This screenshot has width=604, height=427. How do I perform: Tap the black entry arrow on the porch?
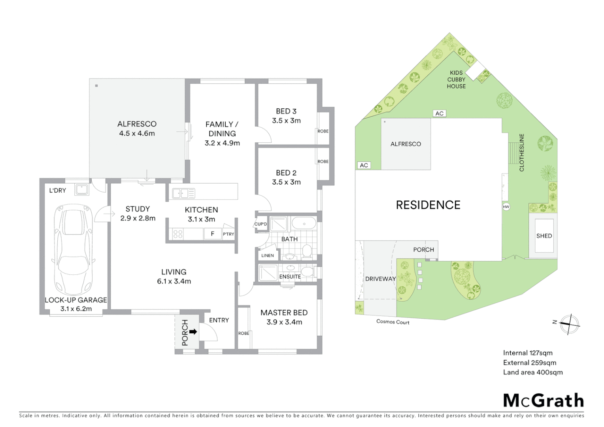pyautogui.click(x=193, y=332)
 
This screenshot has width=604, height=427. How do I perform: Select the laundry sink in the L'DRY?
pyautogui.click(x=82, y=189)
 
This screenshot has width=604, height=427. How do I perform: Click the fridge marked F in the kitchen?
pyautogui.click(x=212, y=234)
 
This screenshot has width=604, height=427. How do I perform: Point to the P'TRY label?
pyautogui.click(x=228, y=234)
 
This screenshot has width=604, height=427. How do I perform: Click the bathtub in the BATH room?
pyautogui.click(x=304, y=224)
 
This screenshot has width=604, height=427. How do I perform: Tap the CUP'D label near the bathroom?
pyautogui.click(x=260, y=224)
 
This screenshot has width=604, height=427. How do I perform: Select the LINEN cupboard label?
pyautogui.click(x=267, y=255)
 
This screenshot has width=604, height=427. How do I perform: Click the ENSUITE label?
pyautogui.click(x=290, y=276)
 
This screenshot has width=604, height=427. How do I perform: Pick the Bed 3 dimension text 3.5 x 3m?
pyautogui.click(x=286, y=121)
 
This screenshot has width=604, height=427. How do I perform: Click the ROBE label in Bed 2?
pyautogui.click(x=323, y=161)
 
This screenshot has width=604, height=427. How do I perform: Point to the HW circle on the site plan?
pyautogui.click(x=506, y=207)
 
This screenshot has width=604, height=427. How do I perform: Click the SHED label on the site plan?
pyautogui.click(x=544, y=236)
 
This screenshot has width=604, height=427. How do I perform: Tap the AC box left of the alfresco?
pyautogui.click(x=364, y=165)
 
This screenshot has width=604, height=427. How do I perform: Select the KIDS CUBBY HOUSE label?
pyautogui.click(x=456, y=79)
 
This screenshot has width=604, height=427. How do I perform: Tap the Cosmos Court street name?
pyautogui.click(x=393, y=322)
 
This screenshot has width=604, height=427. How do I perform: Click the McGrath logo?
pyautogui.click(x=543, y=401)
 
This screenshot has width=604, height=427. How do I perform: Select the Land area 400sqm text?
pyautogui.click(x=532, y=372)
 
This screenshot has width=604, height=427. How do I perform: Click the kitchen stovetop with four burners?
pyautogui.click(x=178, y=234)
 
